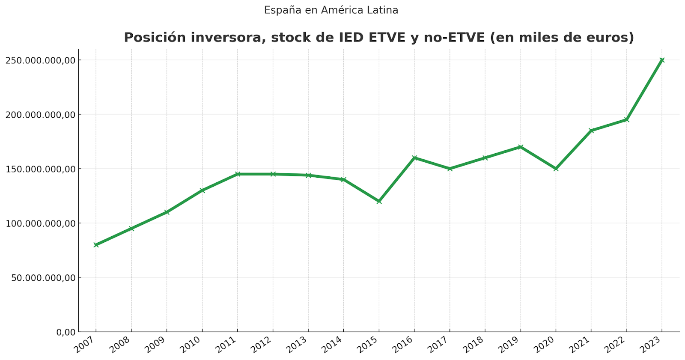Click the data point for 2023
[662, 60]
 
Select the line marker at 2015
[379, 201]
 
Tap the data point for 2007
[96, 245]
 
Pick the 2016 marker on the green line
[414, 158]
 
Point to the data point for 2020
[556, 169]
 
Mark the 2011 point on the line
[238, 174]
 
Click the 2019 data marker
[520, 147]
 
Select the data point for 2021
[591, 131]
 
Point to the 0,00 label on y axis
[66, 332]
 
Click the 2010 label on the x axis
[191, 345]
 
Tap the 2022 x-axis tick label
[616, 345]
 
